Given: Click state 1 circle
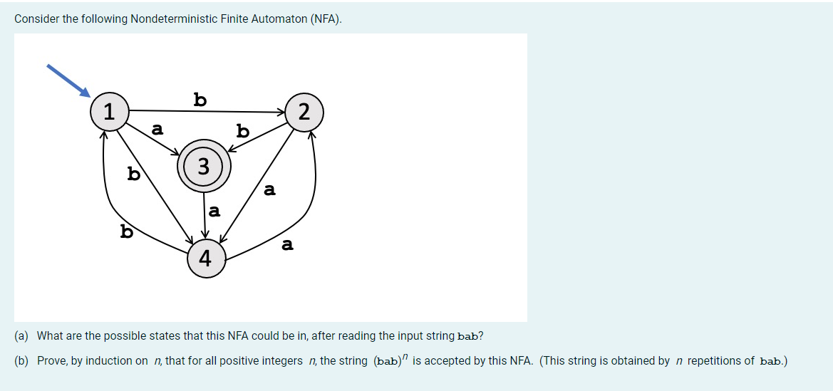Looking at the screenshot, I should point(108,112).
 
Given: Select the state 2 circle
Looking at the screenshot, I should point(304,112).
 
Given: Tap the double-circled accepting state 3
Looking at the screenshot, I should point(204,167).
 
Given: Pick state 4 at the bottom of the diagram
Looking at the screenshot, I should point(206,258).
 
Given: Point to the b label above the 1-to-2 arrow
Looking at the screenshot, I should point(200,99).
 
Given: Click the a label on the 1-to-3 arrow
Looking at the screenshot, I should point(157,130).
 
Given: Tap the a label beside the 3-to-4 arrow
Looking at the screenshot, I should point(214,212).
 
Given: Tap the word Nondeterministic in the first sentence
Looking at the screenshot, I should point(173,19).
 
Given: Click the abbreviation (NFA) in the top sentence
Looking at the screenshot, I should point(326,19).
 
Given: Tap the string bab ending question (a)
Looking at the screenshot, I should point(467,336).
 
